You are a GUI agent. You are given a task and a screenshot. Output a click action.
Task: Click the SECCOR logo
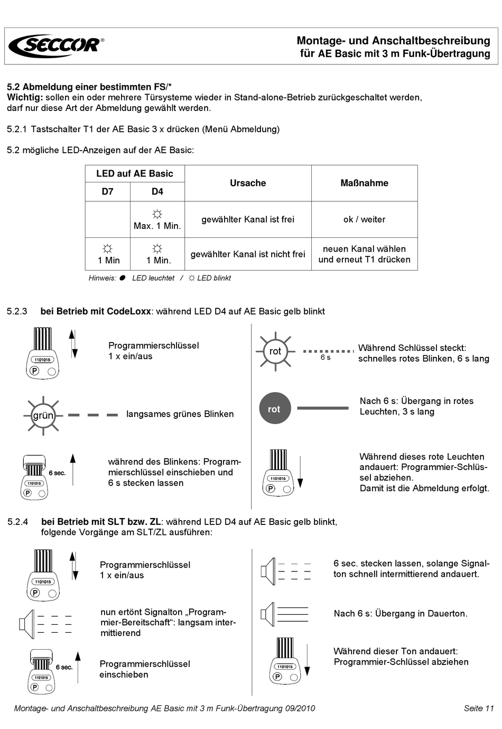(x=56, y=45)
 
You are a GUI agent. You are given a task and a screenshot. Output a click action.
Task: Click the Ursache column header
(x=248, y=183)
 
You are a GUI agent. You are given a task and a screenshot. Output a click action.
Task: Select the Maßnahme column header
(x=364, y=183)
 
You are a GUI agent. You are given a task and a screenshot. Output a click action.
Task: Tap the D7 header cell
(x=107, y=191)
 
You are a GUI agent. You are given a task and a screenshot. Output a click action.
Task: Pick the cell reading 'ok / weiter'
(x=364, y=219)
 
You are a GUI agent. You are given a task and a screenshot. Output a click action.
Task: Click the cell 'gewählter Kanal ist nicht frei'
(x=248, y=254)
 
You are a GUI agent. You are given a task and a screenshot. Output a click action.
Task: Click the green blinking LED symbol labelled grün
(x=43, y=416)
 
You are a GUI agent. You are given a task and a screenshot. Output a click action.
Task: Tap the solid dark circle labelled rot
(x=274, y=408)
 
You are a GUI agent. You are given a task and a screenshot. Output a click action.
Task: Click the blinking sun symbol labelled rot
(x=275, y=352)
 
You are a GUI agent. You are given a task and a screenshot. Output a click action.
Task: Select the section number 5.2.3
(x=17, y=311)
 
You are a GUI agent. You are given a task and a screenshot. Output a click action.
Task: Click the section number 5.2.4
(x=18, y=522)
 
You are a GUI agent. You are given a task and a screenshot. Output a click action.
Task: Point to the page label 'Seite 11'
(x=479, y=708)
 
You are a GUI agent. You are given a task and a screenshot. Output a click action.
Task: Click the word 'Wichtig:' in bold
(x=25, y=97)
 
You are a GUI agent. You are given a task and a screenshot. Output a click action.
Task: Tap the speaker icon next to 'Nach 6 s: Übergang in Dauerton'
(x=268, y=614)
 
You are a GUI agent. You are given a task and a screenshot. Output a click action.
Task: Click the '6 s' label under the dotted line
(x=326, y=357)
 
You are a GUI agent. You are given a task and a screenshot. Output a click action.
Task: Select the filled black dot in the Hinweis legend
(x=122, y=278)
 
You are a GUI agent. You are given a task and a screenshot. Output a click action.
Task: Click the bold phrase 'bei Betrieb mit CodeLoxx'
(x=96, y=311)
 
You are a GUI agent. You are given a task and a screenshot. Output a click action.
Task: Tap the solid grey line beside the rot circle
(x=323, y=408)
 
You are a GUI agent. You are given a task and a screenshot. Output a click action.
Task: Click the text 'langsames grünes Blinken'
(x=180, y=414)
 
